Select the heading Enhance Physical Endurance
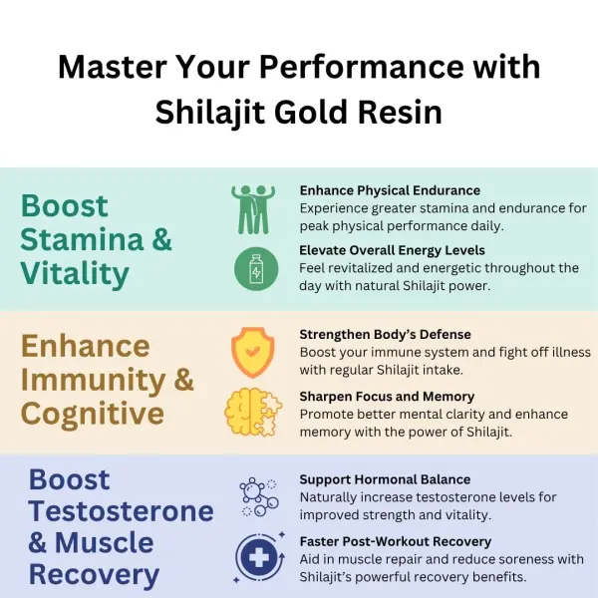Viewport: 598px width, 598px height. (x=376, y=189)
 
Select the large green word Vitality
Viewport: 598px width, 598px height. (x=76, y=273)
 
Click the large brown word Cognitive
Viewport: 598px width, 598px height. (x=93, y=413)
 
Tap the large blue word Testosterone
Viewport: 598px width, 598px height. (x=121, y=511)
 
